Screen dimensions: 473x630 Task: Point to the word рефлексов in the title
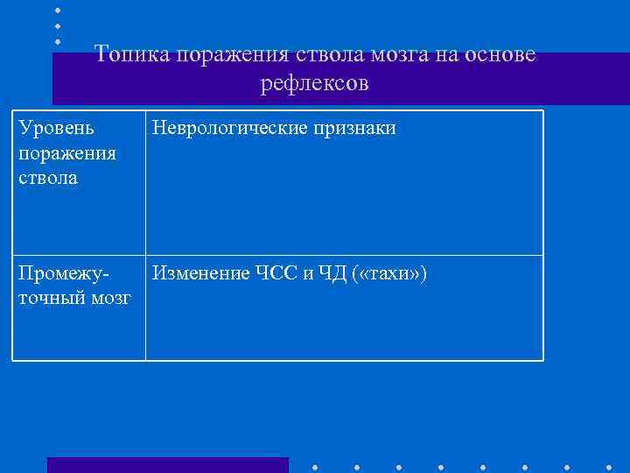click(315, 84)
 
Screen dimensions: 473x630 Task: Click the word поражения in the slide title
click(232, 54)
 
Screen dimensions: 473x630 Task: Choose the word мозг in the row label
click(108, 300)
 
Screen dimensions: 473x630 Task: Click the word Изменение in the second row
click(200, 275)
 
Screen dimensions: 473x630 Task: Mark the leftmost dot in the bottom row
click(315, 467)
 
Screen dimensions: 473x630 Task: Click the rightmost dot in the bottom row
click(609, 467)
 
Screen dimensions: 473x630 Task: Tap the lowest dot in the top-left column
click(58, 41)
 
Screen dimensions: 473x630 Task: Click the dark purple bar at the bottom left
click(167, 465)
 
